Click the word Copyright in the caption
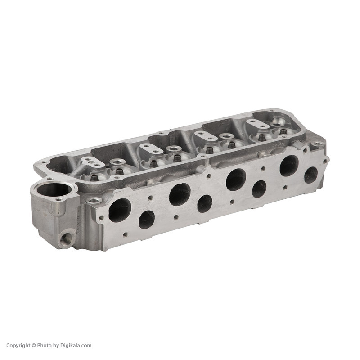click(18, 346)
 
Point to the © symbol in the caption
click(33, 346)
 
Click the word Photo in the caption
click(44, 346)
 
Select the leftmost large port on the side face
click(120, 210)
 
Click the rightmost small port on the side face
click(311, 175)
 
